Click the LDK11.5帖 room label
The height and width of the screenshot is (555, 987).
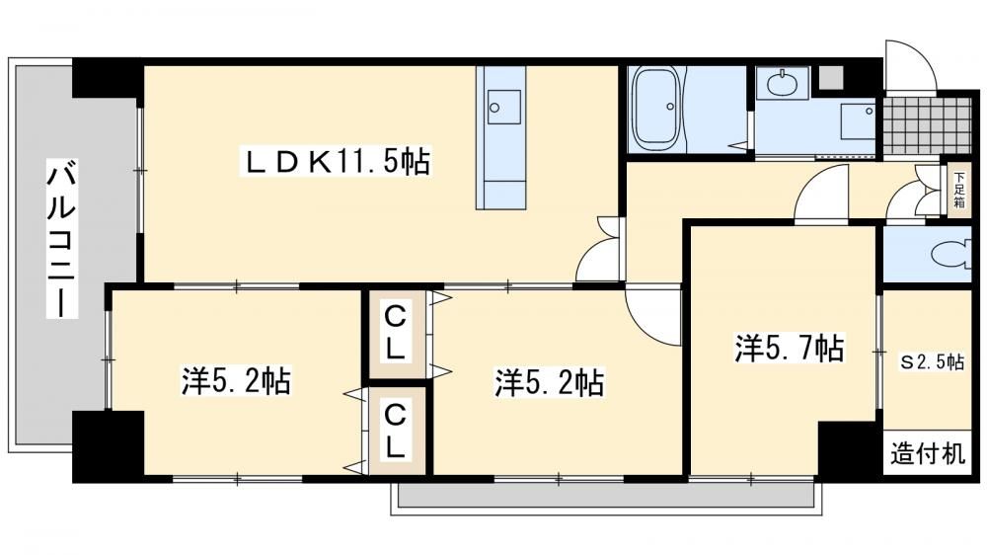pos(337,162)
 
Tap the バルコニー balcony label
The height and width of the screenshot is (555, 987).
pos(62,239)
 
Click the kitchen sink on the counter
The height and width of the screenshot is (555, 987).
pos(504,107)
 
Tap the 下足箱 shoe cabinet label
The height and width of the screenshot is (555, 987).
pos(959,190)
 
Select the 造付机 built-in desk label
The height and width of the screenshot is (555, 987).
pos(927,453)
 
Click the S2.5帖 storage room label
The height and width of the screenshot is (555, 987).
pos(931,362)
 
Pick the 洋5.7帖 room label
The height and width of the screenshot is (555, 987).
pos(790,348)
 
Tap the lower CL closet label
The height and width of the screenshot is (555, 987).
pos(395,432)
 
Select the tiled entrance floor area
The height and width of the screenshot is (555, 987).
pos(926,126)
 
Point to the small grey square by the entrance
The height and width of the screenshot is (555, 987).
pos(830,77)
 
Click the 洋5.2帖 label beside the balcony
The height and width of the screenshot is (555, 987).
pos(236,380)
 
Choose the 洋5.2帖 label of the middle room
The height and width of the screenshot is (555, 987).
pos(550,382)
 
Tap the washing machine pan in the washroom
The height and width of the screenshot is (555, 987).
pos(859,121)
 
